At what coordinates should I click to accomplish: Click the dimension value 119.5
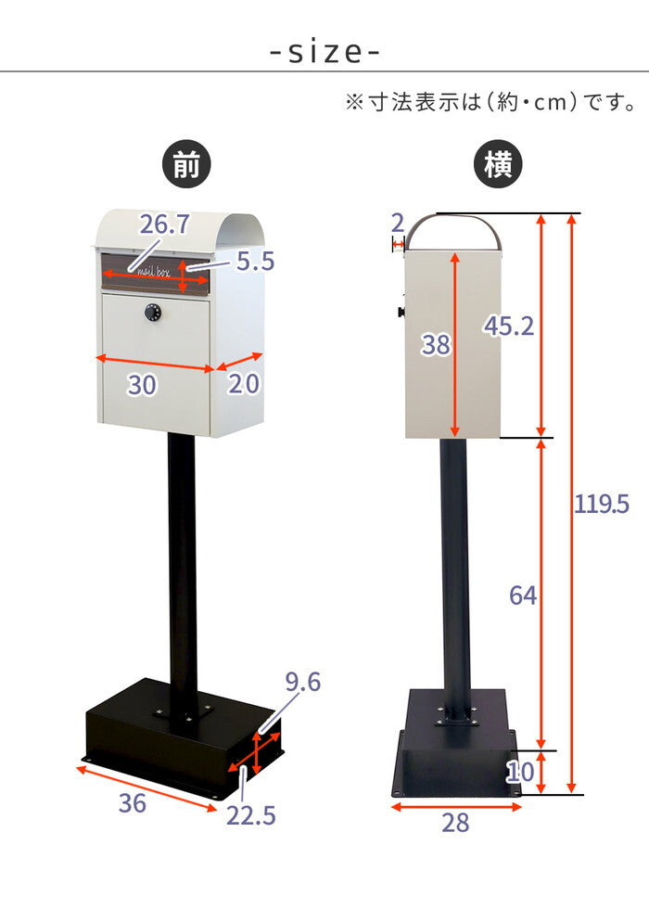click(601, 504)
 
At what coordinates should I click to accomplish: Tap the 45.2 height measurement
click(509, 326)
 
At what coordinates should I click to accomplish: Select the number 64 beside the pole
click(523, 595)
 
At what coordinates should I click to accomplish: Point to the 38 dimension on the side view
click(436, 344)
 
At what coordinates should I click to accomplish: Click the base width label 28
click(455, 823)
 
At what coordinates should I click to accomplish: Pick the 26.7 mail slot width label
click(165, 224)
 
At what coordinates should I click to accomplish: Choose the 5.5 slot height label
click(256, 262)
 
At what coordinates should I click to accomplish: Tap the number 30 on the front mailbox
click(142, 385)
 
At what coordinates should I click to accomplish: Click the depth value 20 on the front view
click(243, 384)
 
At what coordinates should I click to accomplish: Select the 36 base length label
click(132, 803)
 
